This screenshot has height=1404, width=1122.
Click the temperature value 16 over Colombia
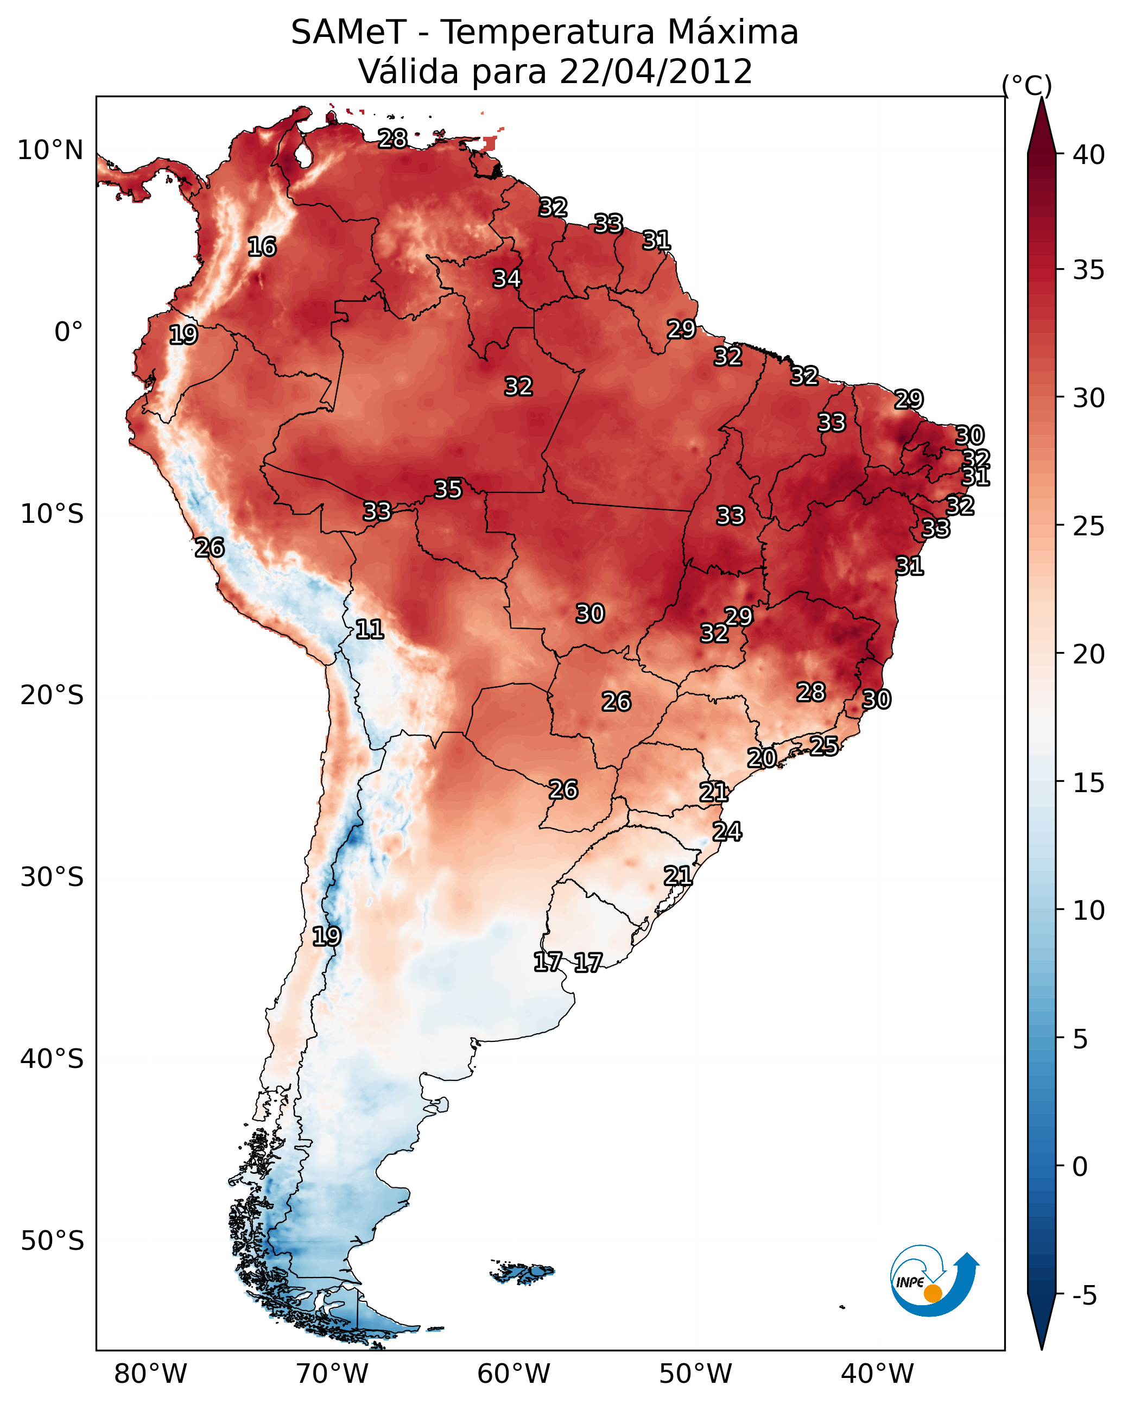click(262, 247)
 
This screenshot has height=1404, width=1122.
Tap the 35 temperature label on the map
click(448, 489)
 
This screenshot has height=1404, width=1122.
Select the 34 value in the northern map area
click(506, 279)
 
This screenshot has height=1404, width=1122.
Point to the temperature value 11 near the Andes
click(369, 629)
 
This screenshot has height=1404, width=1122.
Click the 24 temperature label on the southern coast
click(727, 832)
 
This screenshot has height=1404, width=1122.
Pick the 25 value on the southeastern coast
click(824, 745)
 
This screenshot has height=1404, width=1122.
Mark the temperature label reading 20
click(761, 758)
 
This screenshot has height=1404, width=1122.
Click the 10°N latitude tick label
click(50, 150)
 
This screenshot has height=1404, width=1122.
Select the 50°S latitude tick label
click(52, 1241)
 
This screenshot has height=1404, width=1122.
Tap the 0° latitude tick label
click(68, 332)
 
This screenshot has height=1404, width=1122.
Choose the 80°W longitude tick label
click(150, 1374)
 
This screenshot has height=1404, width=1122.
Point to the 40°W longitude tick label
click(877, 1374)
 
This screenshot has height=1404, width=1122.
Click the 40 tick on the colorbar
click(1088, 155)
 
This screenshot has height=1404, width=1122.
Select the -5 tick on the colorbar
click(1084, 1296)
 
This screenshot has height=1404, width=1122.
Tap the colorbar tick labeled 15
click(1088, 783)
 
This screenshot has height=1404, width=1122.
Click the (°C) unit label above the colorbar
click(1027, 85)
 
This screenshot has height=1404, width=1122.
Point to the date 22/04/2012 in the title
click(656, 72)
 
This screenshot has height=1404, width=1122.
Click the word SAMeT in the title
click(348, 33)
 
